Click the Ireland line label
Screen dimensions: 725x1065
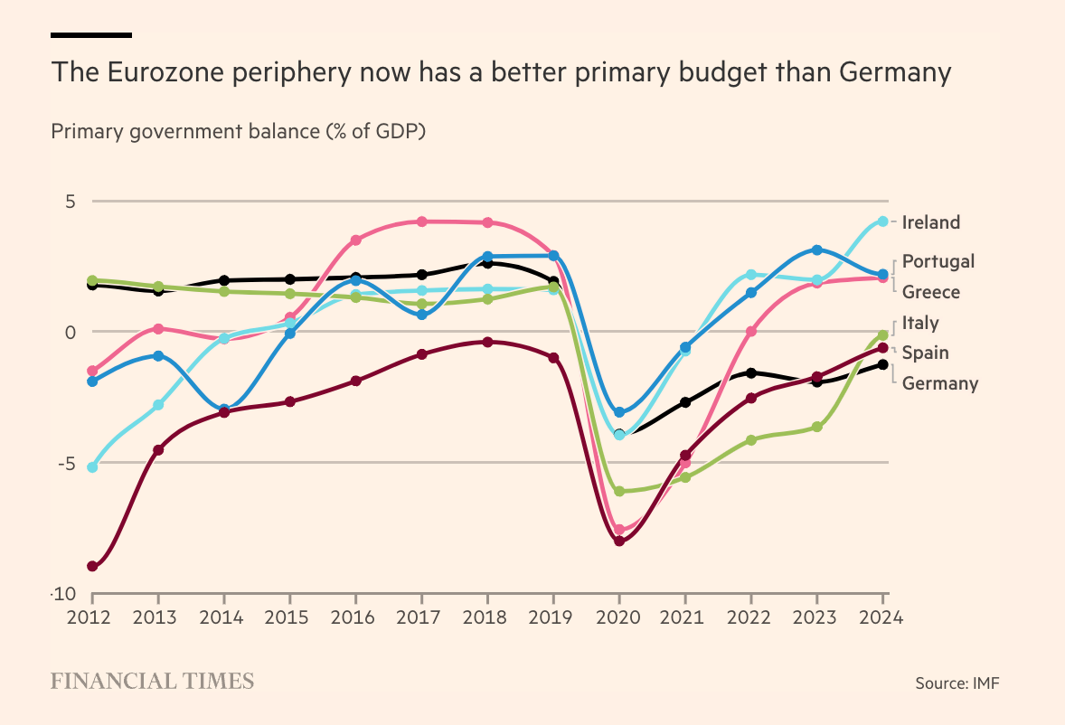[x=930, y=222]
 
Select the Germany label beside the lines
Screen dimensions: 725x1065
[x=939, y=383]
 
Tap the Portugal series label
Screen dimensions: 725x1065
[x=938, y=261]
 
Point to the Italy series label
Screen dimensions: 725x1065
[x=920, y=323]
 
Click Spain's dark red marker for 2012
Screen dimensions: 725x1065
[x=92, y=566]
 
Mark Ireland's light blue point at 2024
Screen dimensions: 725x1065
[x=883, y=221]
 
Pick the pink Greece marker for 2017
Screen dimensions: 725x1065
[x=421, y=221]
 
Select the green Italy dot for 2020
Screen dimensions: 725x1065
[x=619, y=492]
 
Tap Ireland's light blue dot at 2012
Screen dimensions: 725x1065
[x=92, y=467]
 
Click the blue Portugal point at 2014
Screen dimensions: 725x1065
[x=223, y=410]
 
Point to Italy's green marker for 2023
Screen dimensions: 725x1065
[x=816, y=427]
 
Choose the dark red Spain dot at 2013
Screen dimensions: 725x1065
[x=158, y=450]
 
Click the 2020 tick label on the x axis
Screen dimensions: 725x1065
[x=619, y=619]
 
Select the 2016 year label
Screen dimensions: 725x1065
[x=355, y=619]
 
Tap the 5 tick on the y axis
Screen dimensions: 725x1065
[x=70, y=202]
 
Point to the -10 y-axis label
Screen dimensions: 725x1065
[x=63, y=594]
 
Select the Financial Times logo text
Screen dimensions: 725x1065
[x=152, y=682]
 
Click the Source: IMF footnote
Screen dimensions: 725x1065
[x=957, y=683]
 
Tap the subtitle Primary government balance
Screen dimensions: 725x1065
[x=238, y=131]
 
